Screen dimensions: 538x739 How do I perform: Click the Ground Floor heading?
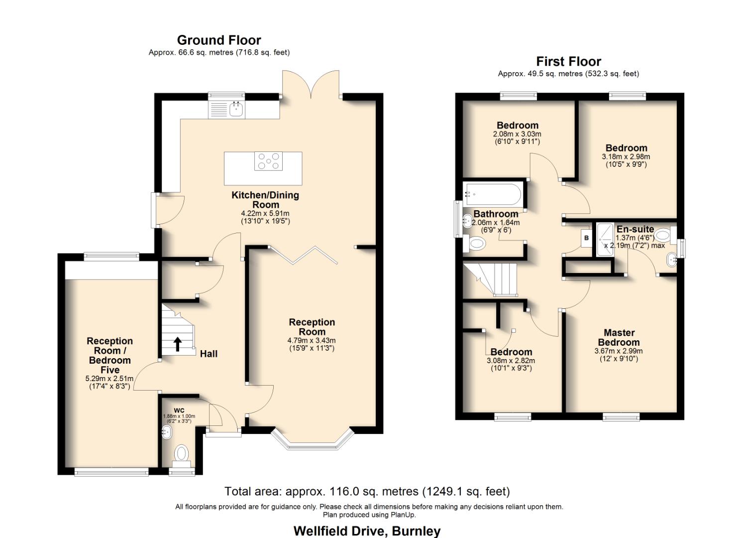(x=219, y=40)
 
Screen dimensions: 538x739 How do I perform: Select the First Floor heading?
(x=568, y=61)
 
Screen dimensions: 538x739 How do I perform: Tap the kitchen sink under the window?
(x=235, y=109)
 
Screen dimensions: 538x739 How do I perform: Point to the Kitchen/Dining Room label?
(x=265, y=200)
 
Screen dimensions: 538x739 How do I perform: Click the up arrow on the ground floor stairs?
(x=177, y=344)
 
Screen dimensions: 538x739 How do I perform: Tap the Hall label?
(x=209, y=354)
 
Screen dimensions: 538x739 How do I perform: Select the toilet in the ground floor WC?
(x=181, y=454)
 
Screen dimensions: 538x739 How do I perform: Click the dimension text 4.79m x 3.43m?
(x=312, y=340)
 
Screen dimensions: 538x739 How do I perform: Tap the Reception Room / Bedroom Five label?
(x=109, y=355)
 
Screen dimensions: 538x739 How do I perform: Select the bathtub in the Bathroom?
(x=493, y=195)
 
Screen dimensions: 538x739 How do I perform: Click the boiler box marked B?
(x=586, y=238)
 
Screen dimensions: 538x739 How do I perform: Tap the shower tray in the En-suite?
(x=605, y=240)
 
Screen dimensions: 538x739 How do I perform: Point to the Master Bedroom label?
(x=619, y=337)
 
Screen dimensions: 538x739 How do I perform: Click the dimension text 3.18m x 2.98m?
(x=626, y=156)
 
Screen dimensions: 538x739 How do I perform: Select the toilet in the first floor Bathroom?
(x=476, y=244)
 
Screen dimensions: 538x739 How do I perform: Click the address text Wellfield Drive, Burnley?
(x=367, y=531)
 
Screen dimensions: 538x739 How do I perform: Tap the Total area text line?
(x=367, y=492)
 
